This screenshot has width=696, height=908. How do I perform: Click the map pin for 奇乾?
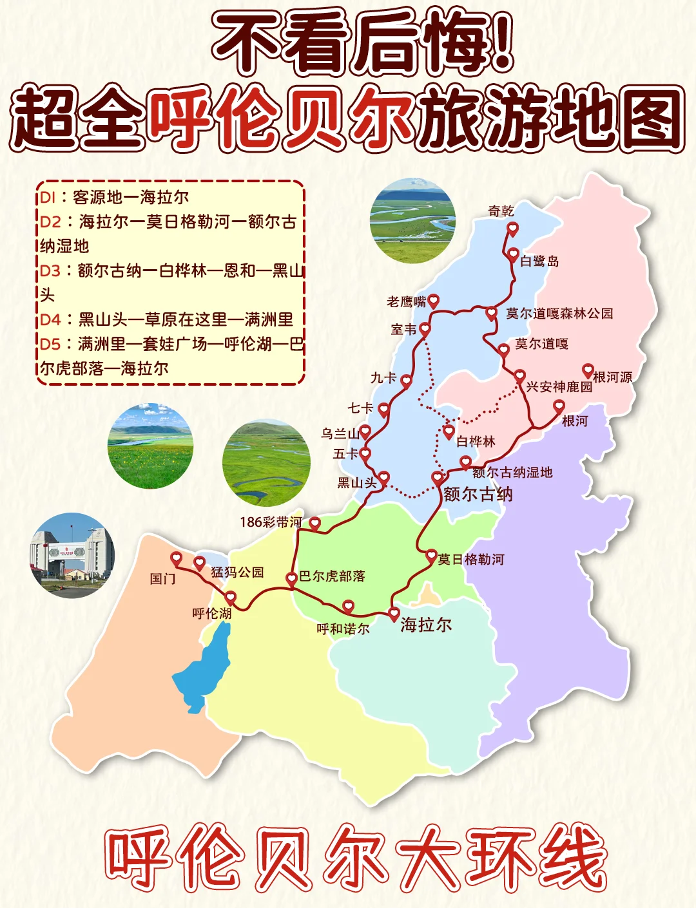click(x=512, y=228)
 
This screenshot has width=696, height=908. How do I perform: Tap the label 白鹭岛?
click(x=539, y=261)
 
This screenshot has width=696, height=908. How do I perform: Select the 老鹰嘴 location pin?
click(x=434, y=300)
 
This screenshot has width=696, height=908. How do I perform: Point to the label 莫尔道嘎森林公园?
click(x=559, y=314)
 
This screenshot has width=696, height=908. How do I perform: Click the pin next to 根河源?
click(x=588, y=370)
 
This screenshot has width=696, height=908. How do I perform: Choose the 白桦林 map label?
click(x=476, y=441)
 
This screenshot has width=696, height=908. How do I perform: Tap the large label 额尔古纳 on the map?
click(x=478, y=494)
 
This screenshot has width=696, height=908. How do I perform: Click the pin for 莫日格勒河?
click(x=432, y=554)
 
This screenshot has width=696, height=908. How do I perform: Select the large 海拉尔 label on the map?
click(x=426, y=625)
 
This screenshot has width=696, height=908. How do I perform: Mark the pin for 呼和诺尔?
click(x=348, y=605)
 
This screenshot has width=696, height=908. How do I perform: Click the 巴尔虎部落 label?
click(x=332, y=576)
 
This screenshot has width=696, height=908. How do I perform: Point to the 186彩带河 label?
click(x=271, y=522)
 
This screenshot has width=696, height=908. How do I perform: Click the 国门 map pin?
click(x=177, y=558)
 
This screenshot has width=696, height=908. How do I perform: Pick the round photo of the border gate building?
click(x=72, y=555)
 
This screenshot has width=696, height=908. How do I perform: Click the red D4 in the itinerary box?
click(x=50, y=319)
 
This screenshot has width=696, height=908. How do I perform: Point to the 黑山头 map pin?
click(x=383, y=478)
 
